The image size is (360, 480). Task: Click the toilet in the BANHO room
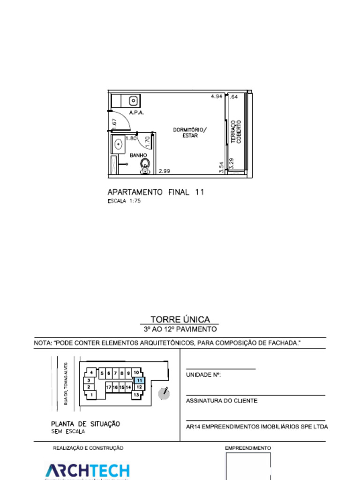(x=145, y=165)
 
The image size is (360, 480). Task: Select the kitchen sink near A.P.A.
(x=134, y=100)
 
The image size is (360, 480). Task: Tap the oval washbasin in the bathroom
(x=118, y=144)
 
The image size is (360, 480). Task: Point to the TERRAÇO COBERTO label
(x=236, y=132)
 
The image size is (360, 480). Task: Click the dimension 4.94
(x=216, y=96)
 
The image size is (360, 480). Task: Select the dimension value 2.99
(x=164, y=171)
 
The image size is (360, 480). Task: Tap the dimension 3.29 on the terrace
(x=231, y=164)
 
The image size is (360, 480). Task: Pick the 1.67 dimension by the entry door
(x=114, y=124)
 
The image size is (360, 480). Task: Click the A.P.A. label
(x=136, y=112)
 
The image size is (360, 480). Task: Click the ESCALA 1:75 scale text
(x=124, y=201)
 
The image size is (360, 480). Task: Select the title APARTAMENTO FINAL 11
(x=156, y=192)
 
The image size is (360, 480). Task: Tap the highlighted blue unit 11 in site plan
(x=139, y=381)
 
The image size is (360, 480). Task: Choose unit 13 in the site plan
(x=136, y=395)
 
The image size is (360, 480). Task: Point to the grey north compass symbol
(x=164, y=393)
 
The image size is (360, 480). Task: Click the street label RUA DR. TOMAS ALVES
(x=66, y=383)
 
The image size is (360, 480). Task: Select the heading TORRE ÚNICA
(x=180, y=320)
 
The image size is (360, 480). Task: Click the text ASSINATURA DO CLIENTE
(x=222, y=401)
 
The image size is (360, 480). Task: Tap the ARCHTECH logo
(x=87, y=471)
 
